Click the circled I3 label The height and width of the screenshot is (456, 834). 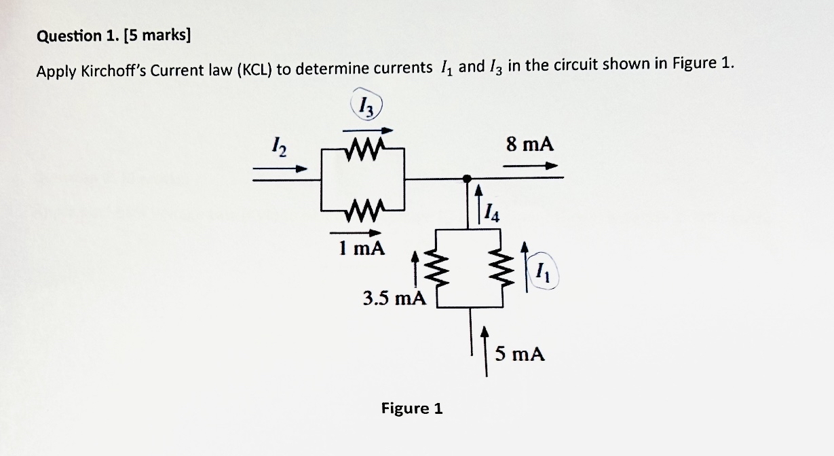(367, 106)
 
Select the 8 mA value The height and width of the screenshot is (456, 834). (530, 144)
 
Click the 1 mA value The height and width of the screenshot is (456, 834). (361, 249)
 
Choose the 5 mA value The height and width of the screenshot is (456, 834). (520, 353)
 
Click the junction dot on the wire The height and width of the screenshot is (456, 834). (466, 178)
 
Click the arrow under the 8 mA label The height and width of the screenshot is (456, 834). (532, 165)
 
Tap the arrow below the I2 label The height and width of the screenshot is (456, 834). (280, 169)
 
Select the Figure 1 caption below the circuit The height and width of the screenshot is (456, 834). (411, 408)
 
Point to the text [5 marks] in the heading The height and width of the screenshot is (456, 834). (158, 36)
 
